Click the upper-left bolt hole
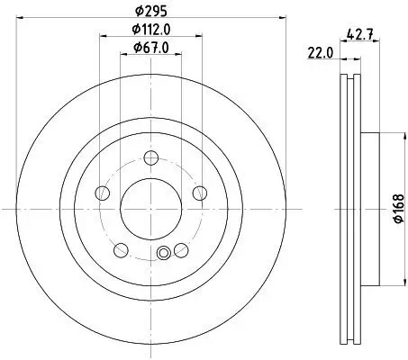pyautogui.click(x=104, y=193)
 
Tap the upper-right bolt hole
pyautogui.click(x=195, y=193)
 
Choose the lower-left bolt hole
pyautogui.click(x=121, y=248)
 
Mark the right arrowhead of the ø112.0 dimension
pyautogui.click(x=200, y=37)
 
